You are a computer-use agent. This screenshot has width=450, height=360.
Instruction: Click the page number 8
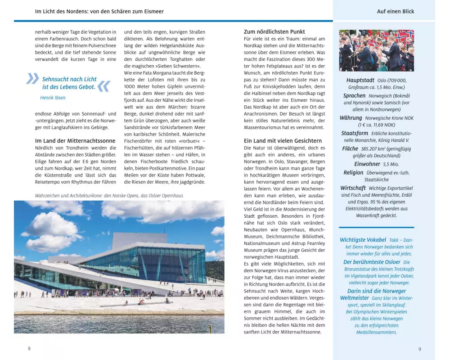tap(29, 349)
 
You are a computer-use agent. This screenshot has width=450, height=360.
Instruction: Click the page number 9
tap(419, 349)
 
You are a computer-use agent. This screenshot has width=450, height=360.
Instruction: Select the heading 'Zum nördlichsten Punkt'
tap(274, 31)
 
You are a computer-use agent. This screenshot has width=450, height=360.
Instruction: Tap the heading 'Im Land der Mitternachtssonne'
tap(75, 140)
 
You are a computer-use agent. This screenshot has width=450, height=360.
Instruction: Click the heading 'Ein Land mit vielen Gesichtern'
tap(283, 140)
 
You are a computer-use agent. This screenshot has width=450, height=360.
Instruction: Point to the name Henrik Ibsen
tap(53, 98)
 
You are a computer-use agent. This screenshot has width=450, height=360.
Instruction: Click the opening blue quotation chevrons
tap(32, 79)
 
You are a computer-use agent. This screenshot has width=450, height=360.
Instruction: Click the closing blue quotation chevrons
tap(103, 86)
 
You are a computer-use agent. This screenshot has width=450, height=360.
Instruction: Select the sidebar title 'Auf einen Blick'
tap(396, 11)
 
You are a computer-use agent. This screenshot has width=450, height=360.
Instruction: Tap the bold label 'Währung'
tap(351, 118)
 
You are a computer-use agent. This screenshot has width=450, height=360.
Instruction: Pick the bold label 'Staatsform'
tap(355, 133)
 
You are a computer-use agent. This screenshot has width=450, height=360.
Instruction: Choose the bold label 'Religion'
tap(353, 172)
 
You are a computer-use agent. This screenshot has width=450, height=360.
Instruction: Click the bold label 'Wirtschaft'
tap(353, 188)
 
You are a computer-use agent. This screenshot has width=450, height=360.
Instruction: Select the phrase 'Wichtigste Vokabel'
tap(363, 240)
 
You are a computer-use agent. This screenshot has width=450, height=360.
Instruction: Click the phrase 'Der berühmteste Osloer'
tap(372, 262)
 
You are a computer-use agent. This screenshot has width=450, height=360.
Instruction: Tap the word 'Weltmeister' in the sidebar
tap(354, 298)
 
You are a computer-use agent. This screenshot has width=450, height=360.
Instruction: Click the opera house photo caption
tap(109, 196)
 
